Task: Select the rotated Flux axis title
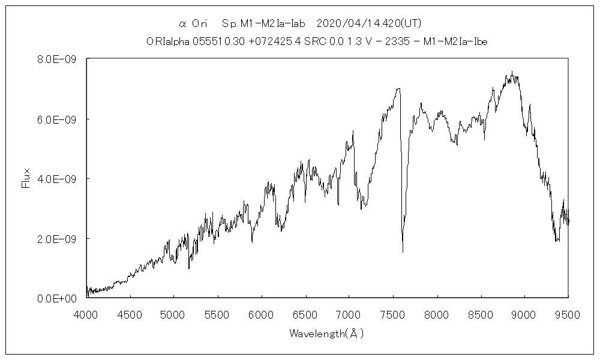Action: [25, 179]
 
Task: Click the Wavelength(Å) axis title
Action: [326, 333]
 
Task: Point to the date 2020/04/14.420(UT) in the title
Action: [368, 24]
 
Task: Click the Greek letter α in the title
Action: [182, 24]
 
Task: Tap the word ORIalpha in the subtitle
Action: [167, 41]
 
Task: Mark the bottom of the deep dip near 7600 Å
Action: [403, 251]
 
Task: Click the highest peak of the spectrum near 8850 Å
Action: [512, 72]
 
